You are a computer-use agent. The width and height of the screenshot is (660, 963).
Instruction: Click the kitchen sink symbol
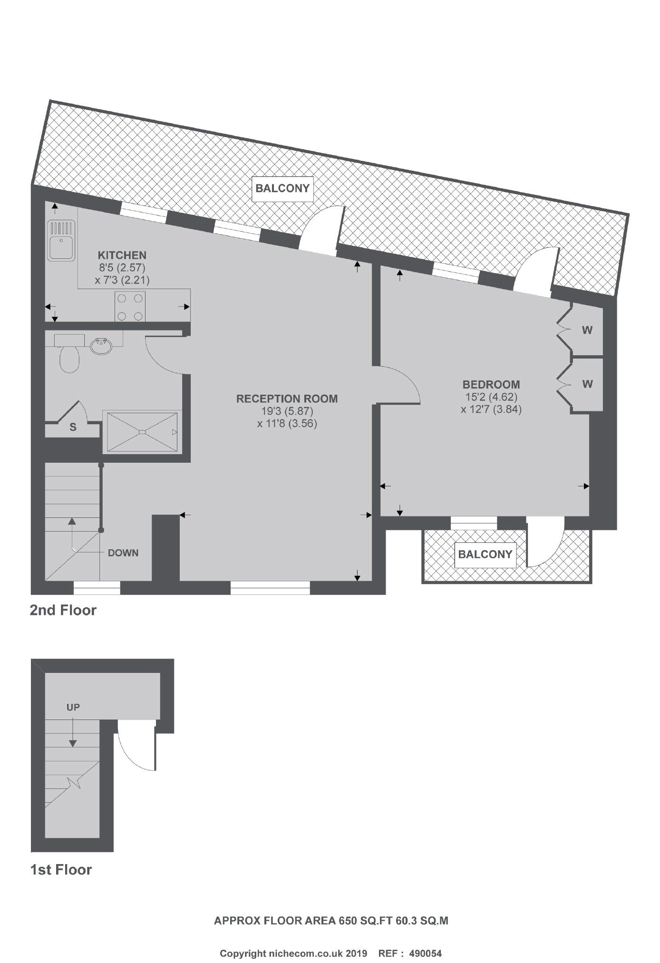click(61, 242)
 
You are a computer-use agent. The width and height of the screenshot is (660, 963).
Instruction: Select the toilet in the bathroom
click(69, 353)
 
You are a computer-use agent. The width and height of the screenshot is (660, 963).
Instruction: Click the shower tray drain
click(142, 432)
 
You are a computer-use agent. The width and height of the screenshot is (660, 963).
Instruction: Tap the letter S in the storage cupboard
click(73, 428)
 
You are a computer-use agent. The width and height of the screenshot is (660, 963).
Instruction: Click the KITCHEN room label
click(122, 255)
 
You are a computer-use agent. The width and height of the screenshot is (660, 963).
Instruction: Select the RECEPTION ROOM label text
click(287, 399)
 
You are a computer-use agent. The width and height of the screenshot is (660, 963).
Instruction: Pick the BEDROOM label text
click(491, 384)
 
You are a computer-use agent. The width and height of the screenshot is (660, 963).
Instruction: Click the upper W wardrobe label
click(587, 330)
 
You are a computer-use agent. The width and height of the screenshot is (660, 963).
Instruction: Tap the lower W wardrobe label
click(587, 384)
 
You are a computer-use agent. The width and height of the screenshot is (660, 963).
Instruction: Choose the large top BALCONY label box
click(282, 188)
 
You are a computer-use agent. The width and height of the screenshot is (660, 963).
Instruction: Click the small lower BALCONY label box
click(485, 554)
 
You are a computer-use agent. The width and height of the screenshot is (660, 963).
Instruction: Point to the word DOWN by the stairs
click(123, 553)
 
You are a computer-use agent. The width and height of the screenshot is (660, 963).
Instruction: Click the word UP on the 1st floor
click(73, 707)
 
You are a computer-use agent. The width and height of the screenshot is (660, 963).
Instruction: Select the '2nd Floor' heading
click(63, 610)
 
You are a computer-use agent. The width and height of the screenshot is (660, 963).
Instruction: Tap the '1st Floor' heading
click(61, 870)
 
